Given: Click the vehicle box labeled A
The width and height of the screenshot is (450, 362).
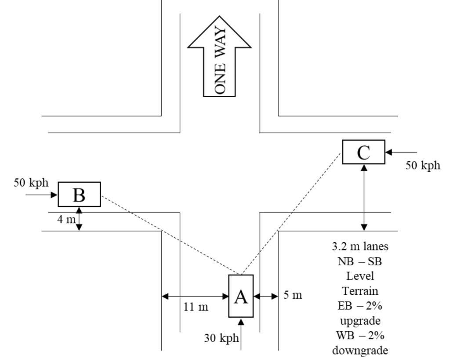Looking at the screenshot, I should point(241,296).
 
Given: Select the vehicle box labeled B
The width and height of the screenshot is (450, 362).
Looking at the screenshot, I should point(79,194).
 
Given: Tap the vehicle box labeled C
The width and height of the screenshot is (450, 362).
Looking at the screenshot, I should point(363,152).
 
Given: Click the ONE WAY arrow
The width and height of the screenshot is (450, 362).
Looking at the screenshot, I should point(220,57).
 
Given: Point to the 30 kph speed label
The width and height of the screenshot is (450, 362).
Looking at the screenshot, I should point(221,338).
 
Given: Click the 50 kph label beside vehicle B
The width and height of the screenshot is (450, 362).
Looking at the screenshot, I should point(31,182).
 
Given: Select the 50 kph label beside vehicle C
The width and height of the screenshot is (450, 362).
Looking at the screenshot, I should point(422,165).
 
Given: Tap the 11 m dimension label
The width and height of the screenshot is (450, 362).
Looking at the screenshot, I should point(196,307).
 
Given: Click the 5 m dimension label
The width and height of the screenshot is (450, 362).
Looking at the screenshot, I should point(293,295).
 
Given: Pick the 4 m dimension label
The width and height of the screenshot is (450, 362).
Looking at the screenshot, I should point(66,219).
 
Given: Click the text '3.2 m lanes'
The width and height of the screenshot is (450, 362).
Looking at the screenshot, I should point(360,246).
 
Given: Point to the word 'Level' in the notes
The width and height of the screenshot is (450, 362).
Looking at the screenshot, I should point(360,276).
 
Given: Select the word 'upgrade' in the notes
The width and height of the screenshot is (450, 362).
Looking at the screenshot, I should point(360,320).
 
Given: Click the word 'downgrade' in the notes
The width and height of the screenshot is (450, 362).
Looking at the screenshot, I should point(360,350).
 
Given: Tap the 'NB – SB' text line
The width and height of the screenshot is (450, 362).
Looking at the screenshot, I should point(360,261).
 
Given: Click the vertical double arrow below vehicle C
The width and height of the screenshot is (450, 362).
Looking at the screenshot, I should point(364,197).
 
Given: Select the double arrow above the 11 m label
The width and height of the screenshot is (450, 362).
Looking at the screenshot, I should point(196,297).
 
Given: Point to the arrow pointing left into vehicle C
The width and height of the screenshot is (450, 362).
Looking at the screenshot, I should point(401,152).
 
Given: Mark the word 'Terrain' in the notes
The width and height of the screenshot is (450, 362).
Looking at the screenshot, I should point(360,291).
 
